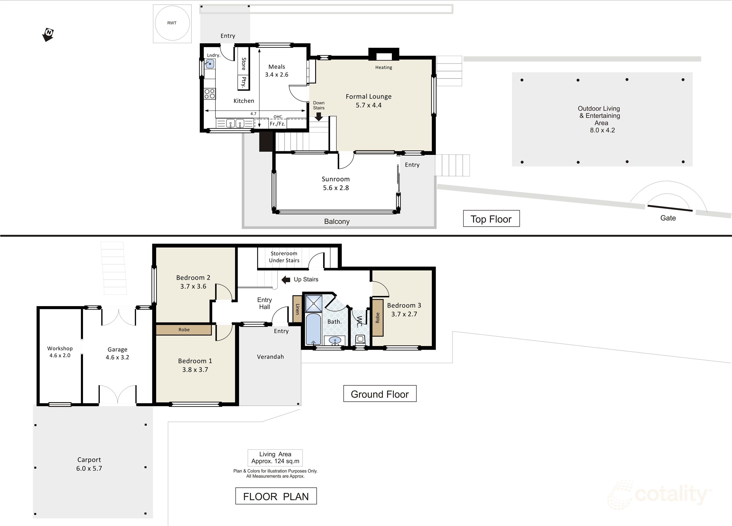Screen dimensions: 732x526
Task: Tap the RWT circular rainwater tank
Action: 172,23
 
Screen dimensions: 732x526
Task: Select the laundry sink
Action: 210,64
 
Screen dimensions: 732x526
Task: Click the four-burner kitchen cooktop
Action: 210,94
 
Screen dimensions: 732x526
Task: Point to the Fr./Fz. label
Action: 278,124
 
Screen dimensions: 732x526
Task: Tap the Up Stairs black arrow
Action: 286,280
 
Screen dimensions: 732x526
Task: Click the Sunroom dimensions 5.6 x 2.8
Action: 336,188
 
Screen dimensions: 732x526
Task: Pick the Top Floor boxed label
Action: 491,219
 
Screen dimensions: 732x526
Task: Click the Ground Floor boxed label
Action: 380,394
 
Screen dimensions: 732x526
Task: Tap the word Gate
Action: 668,218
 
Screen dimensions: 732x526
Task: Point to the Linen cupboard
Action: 297,309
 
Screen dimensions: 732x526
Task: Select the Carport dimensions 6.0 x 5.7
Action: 89,469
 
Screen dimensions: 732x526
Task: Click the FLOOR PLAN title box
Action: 276,496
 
